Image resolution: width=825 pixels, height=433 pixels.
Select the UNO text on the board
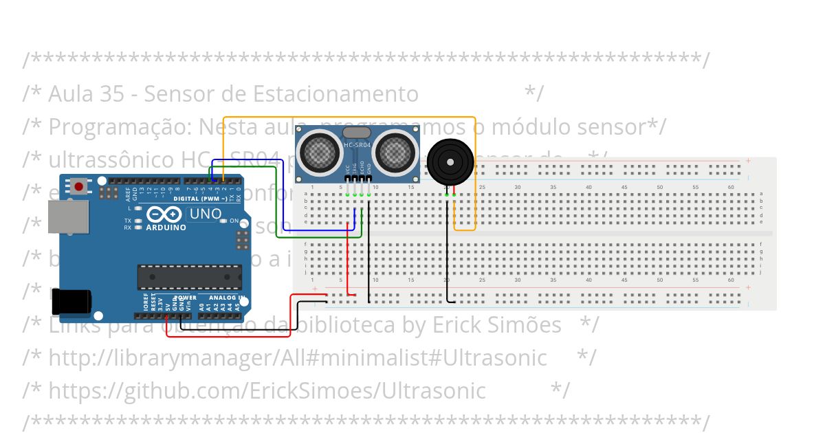click(x=205, y=214)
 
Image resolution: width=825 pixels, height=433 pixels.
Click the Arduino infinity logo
click(x=165, y=214)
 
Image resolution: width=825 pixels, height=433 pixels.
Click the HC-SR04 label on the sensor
click(x=357, y=145)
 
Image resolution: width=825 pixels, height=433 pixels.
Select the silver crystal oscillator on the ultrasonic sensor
click(x=356, y=131)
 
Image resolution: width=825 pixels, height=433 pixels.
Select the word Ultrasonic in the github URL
click(x=434, y=390)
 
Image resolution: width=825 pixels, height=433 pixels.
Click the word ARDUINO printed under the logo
click(x=166, y=227)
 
